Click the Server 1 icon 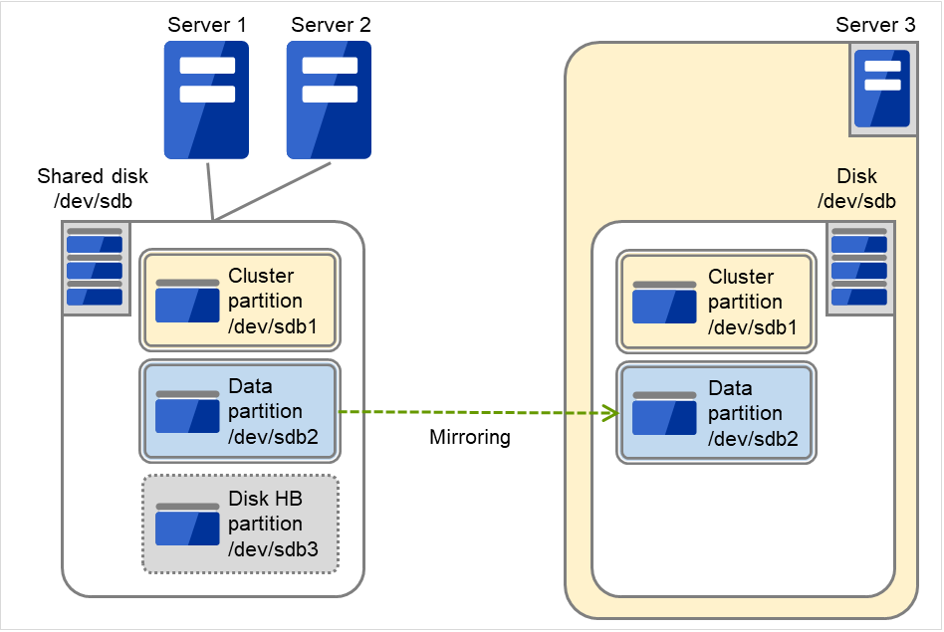tap(206, 100)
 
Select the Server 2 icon tap(330, 100)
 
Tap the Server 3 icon tap(882, 91)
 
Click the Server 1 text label tap(207, 24)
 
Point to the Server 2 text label tap(331, 24)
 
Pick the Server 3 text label tap(875, 25)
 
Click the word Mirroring tap(470, 437)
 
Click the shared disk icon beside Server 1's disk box tap(95, 269)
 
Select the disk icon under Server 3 tap(859, 269)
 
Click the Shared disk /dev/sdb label tap(93, 188)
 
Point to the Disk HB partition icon tap(187, 524)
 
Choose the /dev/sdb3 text tap(266, 549)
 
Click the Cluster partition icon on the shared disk tap(187, 302)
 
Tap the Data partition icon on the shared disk tap(187, 411)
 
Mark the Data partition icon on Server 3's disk tap(664, 413)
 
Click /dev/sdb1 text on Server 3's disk tap(753, 327)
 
